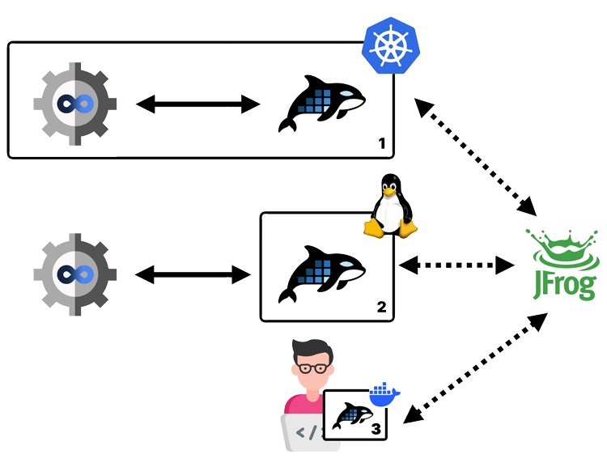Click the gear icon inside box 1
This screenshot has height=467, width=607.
pyautogui.click(x=74, y=104)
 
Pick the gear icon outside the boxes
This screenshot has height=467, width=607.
pyautogui.click(x=74, y=274)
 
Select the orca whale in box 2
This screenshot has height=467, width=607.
pyautogui.click(x=321, y=274)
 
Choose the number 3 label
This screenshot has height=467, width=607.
pyautogui.click(x=376, y=428)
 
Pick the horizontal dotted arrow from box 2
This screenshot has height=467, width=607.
pyautogui.click(x=457, y=265)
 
